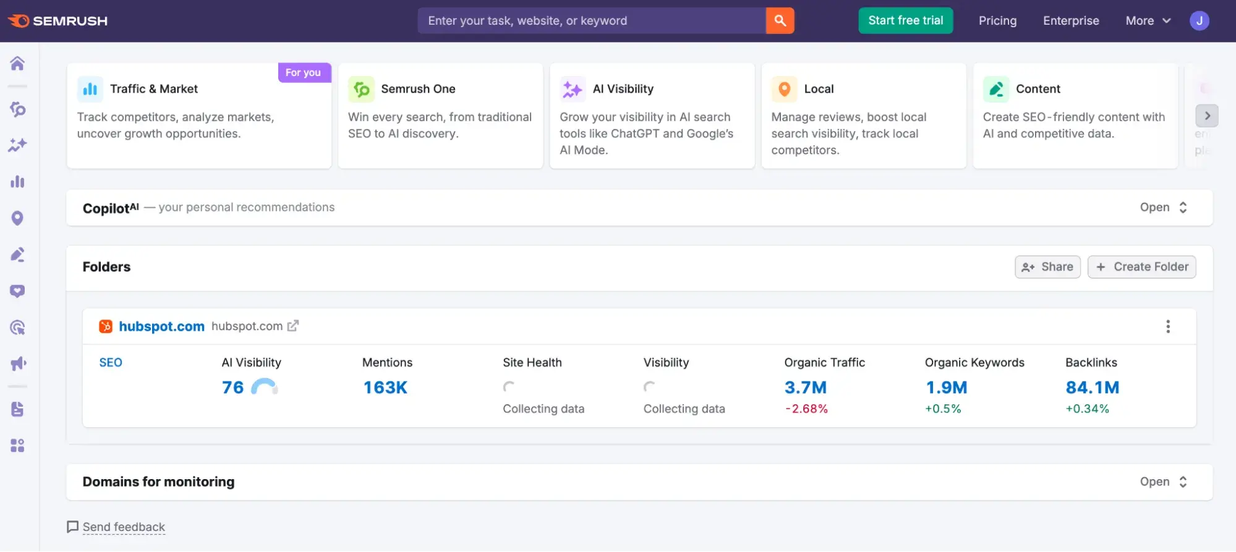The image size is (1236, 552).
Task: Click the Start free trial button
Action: pyautogui.click(x=905, y=20)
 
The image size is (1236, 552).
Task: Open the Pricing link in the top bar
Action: pyautogui.click(x=997, y=20)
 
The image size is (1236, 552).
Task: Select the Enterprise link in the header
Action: pyautogui.click(x=1070, y=20)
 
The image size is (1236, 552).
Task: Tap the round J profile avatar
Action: pyautogui.click(x=1199, y=20)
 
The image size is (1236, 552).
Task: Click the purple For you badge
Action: pyautogui.click(x=304, y=72)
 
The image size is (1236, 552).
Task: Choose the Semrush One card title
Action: pyautogui.click(x=418, y=89)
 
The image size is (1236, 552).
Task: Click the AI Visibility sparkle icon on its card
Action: pyautogui.click(x=572, y=89)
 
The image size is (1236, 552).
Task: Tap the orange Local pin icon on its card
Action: pyautogui.click(x=784, y=89)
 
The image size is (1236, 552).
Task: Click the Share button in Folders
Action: pyautogui.click(x=1047, y=267)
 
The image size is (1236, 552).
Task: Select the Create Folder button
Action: pyautogui.click(x=1141, y=267)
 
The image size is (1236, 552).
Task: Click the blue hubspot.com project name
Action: pyautogui.click(x=161, y=326)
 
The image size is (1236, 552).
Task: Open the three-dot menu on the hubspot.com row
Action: pyautogui.click(x=1167, y=326)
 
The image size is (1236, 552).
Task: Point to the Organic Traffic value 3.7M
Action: pyautogui.click(x=805, y=388)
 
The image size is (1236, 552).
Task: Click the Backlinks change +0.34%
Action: pyautogui.click(x=1087, y=409)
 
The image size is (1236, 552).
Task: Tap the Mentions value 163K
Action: pyautogui.click(x=385, y=388)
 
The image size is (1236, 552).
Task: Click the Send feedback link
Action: pyautogui.click(x=123, y=527)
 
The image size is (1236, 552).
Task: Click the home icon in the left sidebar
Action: pyautogui.click(x=17, y=64)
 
